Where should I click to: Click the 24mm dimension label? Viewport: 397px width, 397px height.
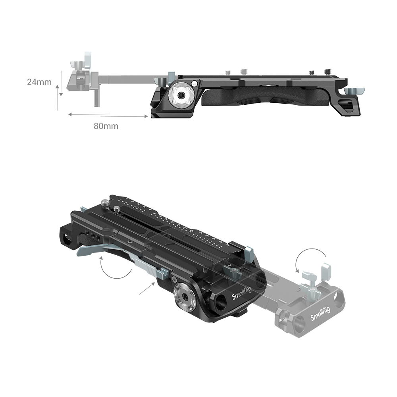[x=39, y=82]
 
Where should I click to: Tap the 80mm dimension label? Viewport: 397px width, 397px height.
[x=106, y=126]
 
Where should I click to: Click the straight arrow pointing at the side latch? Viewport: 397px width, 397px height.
[x=146, y=288]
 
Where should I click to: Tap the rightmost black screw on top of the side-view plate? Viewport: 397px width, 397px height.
[x=328, y=72]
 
